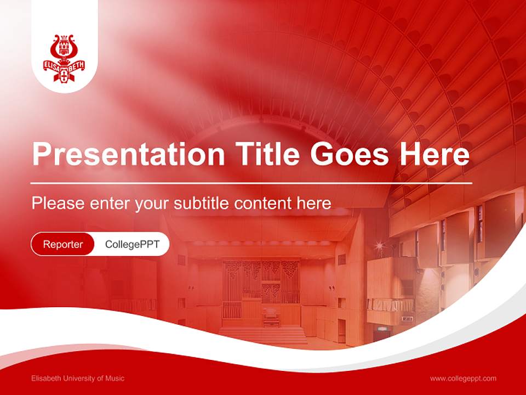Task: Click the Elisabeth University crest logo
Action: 65,58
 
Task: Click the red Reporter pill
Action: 63,244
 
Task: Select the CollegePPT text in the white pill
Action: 132,244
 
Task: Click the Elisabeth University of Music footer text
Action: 78,378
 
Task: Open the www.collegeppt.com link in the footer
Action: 463,378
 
